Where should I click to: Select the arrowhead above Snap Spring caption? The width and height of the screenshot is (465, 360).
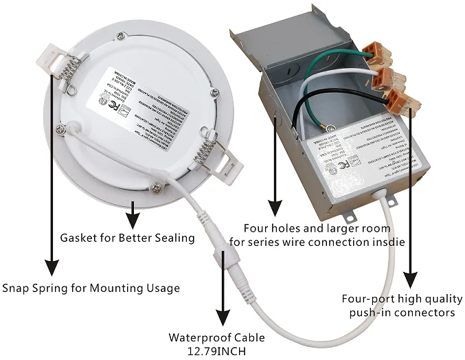tap(50, 266)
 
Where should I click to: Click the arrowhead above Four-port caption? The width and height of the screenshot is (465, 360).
tap(410, 279)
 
